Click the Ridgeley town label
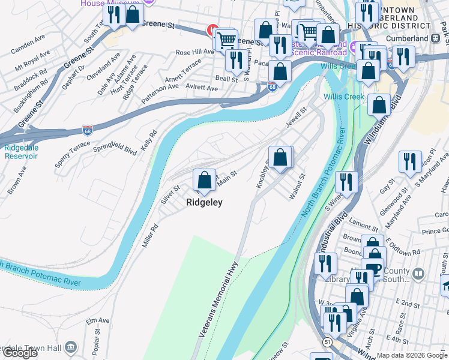click(x=204, y=203)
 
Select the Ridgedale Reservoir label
click(x=21, y=152)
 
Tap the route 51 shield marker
click(x=327, y=341)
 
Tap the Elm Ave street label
click(x=93, y=322)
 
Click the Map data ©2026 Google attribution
click(x=411, y=355)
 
